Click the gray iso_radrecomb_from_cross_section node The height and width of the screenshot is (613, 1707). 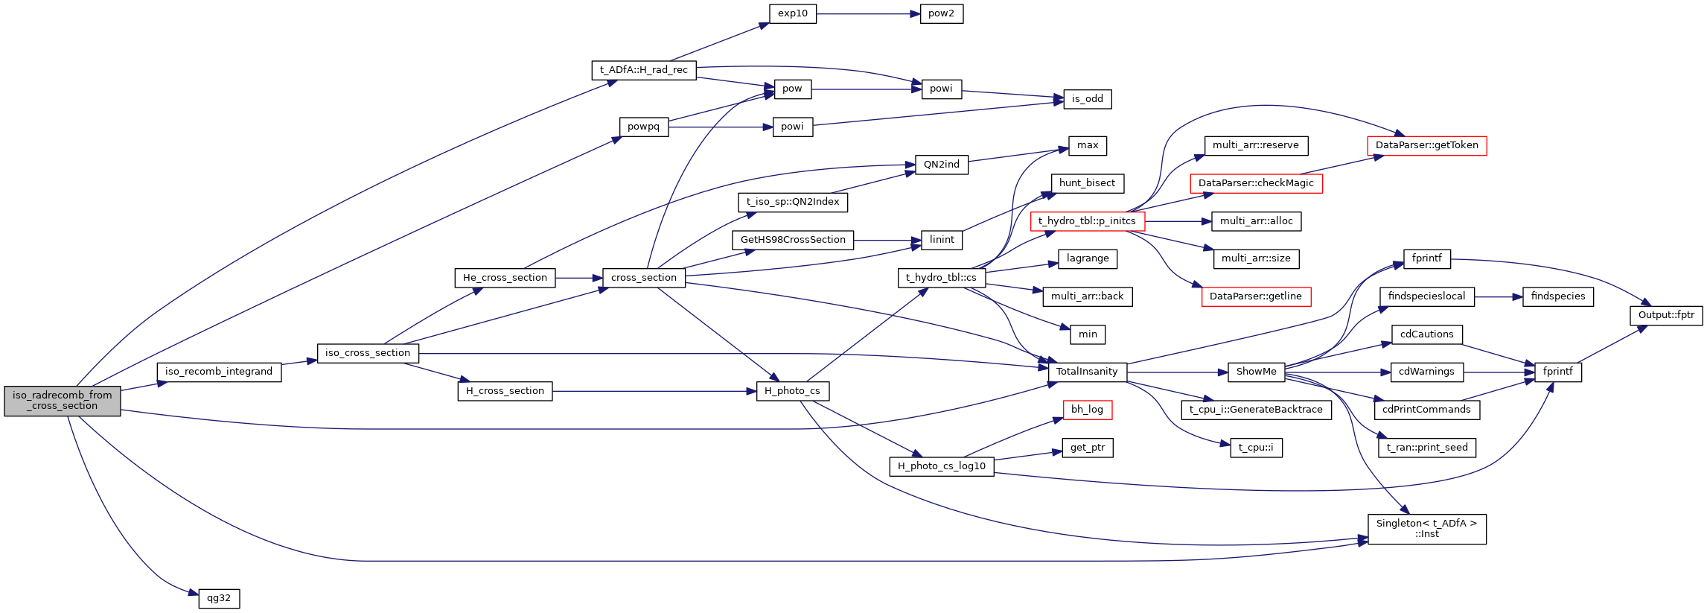coord(62,401)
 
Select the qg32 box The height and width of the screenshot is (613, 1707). coord(219,598)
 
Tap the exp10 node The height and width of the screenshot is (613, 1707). coord(792,13)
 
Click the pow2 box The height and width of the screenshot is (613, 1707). coord(941,13)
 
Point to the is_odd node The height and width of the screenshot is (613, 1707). coord(1087,99)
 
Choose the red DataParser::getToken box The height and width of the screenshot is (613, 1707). coord(1426,145)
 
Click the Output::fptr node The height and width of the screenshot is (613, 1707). coord(1665,315)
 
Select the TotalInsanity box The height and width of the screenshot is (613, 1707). coord(1086,372)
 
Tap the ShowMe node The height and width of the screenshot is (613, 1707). coord(1256,372)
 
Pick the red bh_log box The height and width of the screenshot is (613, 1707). coord(1087,410)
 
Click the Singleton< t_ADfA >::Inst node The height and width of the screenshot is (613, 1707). coord(1426,529)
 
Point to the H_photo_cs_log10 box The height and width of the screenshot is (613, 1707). coord(941,466)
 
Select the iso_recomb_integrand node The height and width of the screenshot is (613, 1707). coord(219,372)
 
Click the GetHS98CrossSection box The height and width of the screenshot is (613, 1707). coord(793,240)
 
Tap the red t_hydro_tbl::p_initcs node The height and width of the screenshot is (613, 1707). coord(1087,221)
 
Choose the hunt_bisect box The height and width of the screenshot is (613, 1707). coord(1087,183)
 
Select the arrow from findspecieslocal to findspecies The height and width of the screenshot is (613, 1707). coord(1498,296)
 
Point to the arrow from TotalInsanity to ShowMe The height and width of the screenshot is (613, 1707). coord(1177,372)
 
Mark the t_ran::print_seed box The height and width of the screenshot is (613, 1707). coord(1426,448)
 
